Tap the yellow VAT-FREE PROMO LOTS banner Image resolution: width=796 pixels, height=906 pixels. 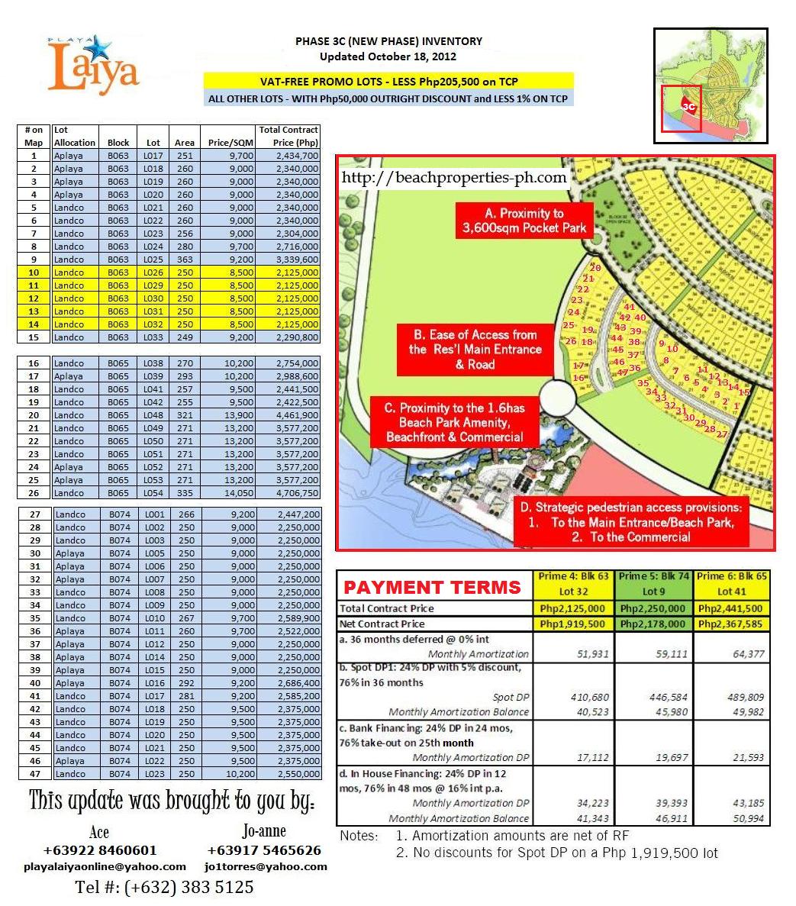(388, 82)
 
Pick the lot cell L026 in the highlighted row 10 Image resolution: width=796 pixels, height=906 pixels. (153, 272)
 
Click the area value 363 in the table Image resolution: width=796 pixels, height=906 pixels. (185, 260)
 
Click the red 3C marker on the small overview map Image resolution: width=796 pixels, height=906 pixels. (688, 107)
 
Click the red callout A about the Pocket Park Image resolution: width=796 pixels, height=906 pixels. (524, 221)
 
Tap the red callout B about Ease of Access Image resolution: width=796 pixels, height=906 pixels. (475, 350)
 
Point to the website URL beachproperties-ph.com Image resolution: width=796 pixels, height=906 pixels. (454, 178)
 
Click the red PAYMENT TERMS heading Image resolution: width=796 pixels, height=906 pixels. (432, 587)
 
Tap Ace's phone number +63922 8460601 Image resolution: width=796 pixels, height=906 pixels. (100, 850)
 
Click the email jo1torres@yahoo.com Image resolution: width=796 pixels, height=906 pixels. (266, 866)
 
